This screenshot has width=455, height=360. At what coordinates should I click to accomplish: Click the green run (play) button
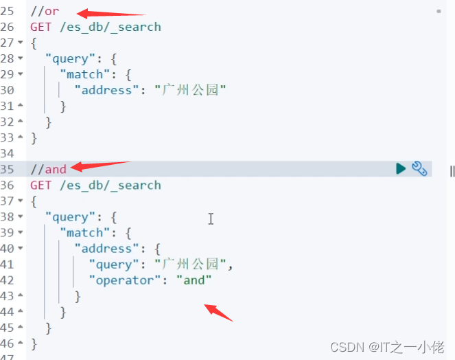point(401,168)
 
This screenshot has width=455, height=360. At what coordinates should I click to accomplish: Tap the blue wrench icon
point(419,168)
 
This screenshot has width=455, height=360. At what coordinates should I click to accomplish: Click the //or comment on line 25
point(45,12)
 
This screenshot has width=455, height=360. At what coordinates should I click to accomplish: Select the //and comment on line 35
point(48,169)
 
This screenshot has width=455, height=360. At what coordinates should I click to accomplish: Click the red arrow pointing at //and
point(100,166)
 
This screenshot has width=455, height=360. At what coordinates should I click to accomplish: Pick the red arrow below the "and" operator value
point(220,313)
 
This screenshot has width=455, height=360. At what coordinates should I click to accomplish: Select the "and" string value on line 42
point(194,280)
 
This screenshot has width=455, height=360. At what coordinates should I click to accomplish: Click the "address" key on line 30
point(106,89)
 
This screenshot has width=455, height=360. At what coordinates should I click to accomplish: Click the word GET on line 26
point(40,27)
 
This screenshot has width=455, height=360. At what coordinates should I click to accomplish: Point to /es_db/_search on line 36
point(110,185)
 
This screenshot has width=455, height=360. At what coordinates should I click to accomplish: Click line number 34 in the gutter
point(8,153)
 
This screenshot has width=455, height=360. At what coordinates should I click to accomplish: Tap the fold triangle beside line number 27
point(21,43)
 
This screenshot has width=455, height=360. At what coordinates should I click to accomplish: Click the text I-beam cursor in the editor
point(211,218)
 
